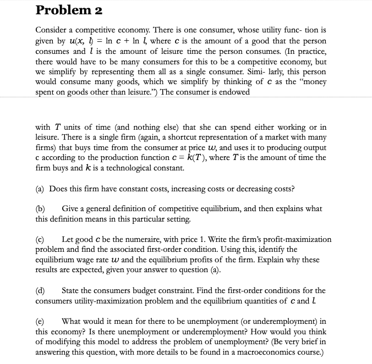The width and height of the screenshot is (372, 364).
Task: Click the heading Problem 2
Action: click(x=68, y=10)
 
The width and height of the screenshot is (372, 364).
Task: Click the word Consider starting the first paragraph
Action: click(x=51, y=29)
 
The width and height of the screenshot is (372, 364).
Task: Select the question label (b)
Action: click(x=41, y=209)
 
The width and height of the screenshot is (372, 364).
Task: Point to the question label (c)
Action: click(x=41, y=239)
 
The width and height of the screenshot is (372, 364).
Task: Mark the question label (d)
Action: click(x=41, y=290)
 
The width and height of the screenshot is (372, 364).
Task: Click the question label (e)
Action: click(x=41, y=321)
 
